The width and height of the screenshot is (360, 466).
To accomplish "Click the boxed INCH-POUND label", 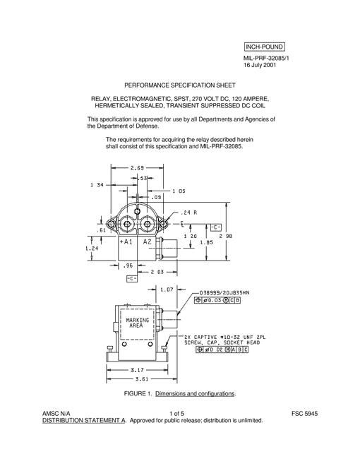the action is [x=264, y=47].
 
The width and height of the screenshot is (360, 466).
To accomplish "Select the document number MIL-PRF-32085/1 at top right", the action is [x=266, y=58].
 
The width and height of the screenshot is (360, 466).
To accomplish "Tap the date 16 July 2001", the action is [x=260, y=65].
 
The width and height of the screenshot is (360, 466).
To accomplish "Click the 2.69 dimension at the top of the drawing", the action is [x=137, y=168].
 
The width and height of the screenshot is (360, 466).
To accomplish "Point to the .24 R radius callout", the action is [x=188, y=213].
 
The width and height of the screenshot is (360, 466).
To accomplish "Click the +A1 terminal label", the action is [x=126, y=241].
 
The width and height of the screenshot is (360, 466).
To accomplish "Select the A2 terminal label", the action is [x=148, y=241].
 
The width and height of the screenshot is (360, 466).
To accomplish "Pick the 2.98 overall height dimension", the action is [x=226, y=237].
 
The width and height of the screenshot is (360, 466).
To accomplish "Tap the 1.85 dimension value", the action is [x=206, y=242].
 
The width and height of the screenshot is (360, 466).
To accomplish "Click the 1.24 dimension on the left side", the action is [x=92, y=248].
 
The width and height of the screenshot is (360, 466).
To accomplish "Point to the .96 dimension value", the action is [x=128, y=265].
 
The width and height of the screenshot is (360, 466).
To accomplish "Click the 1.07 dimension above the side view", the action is [x=167, y=289].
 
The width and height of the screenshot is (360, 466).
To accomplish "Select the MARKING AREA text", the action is [x=137, y=323].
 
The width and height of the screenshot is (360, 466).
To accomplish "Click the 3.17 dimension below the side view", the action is [x=137, y=370].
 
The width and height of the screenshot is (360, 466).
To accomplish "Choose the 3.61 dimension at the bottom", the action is [x=142, y=379].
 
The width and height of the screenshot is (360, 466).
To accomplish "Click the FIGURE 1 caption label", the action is [x=138, y=394].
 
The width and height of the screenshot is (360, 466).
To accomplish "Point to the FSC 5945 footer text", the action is [x=304, y=414].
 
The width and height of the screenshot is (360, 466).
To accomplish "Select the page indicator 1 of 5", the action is [x=176, y=414].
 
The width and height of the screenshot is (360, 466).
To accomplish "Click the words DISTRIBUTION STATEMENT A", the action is [x=84, y=421].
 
